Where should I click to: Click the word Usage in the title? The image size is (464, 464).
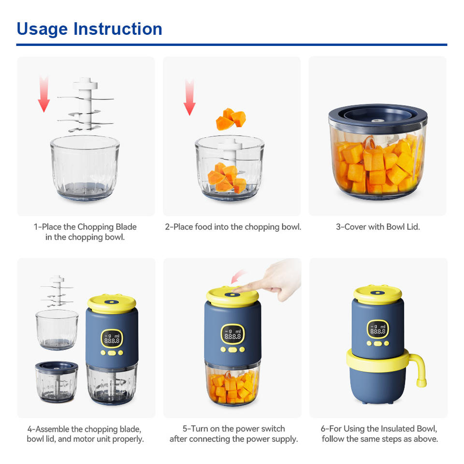(x=42, y=29)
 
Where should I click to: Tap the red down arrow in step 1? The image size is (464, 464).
(x=44, y=94)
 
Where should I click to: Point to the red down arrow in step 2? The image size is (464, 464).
(x=189, y=97)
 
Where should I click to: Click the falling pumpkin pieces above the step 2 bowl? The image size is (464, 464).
(x=231, y=119)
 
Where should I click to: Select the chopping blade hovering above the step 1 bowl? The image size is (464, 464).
(x=85, y=104)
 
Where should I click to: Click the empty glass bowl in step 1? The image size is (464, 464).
(x=85, y=168)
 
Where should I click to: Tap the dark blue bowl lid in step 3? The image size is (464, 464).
(x=377, y=116)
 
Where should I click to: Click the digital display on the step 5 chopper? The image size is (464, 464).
(x=233, y=334)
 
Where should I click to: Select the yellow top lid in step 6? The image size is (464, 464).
(x=377, y=294)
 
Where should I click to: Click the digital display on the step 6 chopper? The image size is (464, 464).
(x=378, y=329)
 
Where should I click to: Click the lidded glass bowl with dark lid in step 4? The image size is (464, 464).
(x=57, y=382)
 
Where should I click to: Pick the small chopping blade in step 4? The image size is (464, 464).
(x=57, y=291)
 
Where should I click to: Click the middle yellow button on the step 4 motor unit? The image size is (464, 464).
(x=112, y=353)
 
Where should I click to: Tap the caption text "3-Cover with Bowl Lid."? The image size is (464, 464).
(x=378, y=227)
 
